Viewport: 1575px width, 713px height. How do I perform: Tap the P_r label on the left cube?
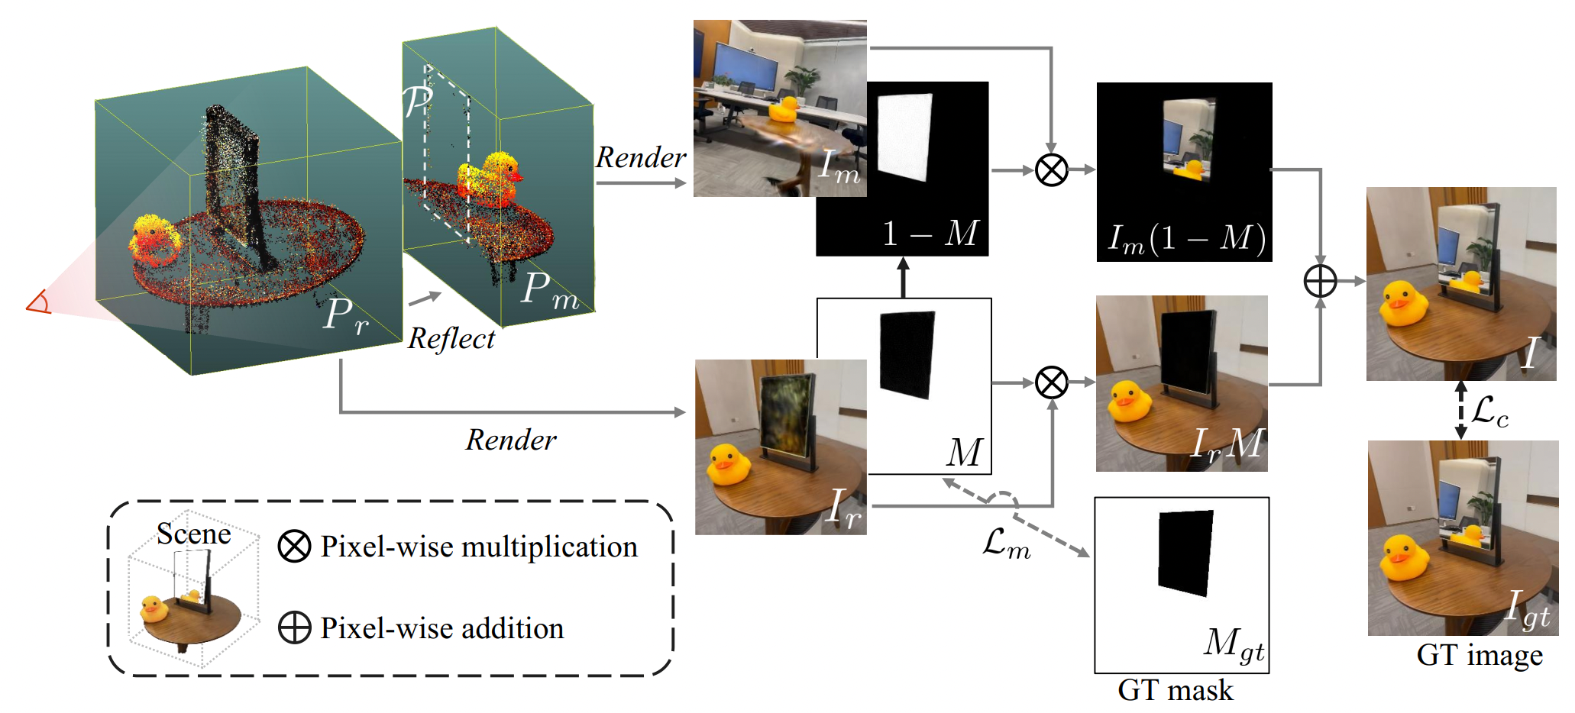(x=345, y=315)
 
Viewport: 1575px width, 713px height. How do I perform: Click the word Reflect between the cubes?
(x=451, y=338)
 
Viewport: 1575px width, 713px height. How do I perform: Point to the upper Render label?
(x=640, y=157)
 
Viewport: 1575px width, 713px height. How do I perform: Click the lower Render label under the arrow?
(x=511, y=440)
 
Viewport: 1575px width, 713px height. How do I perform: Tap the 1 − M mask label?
(x=929, y=233)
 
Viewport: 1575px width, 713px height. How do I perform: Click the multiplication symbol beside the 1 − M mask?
(x=1051, y=169)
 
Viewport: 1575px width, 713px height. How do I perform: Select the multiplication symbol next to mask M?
(x=1051, y=382)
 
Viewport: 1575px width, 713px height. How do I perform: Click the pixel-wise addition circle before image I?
(x=1320, y=281)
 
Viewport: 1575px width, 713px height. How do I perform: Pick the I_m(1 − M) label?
(x=1186, y=238)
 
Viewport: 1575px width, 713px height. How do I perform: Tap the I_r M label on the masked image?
(x=1227, y=444)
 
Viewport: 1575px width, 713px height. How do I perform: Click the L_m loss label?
(x=1006, y=544)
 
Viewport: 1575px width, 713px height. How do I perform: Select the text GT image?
(x=1479, y=655)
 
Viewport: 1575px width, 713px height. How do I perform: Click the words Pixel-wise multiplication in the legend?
(x=478, y=547)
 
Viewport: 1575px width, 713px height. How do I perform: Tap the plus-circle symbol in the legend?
(x=294, y=628)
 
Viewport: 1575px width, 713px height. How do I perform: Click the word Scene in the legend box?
(x=193, y=534)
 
